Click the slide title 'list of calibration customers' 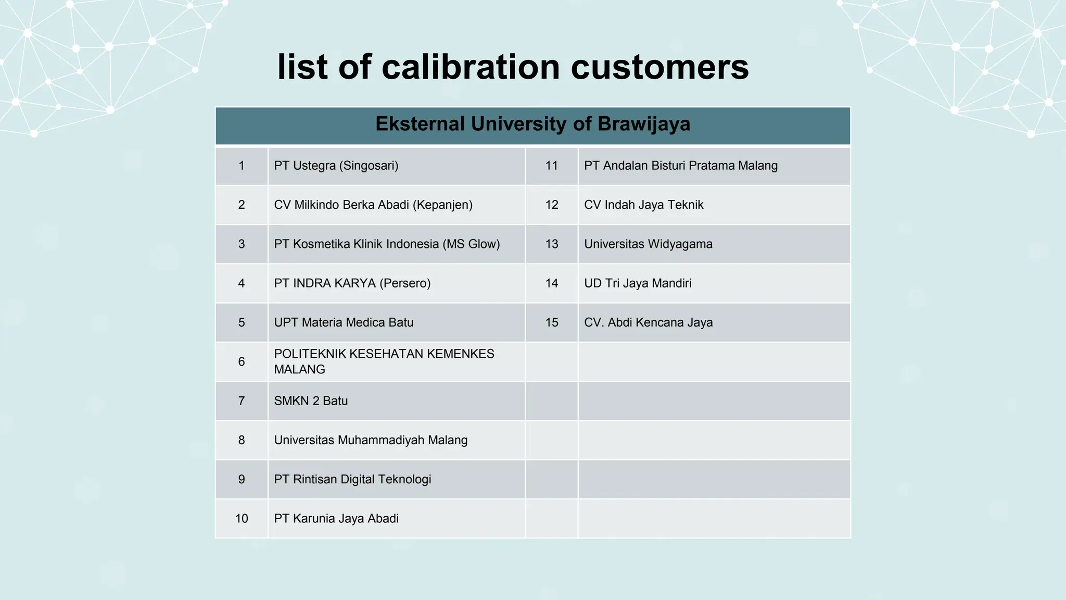tap(513, 67)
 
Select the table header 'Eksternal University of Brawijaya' tap(532, 124)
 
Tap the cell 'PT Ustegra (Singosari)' tap(336, 166)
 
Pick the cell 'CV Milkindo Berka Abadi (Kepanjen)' tap(373, 205)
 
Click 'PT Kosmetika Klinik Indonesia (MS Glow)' tap(387, 244)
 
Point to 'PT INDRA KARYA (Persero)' tap(352, 283)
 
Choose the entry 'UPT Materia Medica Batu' tap(344, 322)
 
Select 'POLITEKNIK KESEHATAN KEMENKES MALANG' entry tap(384, 361)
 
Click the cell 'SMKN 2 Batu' tap(311, 401)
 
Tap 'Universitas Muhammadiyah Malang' tap(371, 440)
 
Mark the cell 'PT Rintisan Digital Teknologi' tap(352, 479)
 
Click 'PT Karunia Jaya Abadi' tap(336, 519)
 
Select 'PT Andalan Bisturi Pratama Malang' tap(681, 166)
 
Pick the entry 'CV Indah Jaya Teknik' tap(643, 205)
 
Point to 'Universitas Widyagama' tap(648, 244)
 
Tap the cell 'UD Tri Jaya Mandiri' tap(638, 283)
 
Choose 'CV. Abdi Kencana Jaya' tap(648, 322)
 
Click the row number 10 tap(242, 519)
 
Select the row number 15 tap(552, 322)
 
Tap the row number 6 tap(242, 361)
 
